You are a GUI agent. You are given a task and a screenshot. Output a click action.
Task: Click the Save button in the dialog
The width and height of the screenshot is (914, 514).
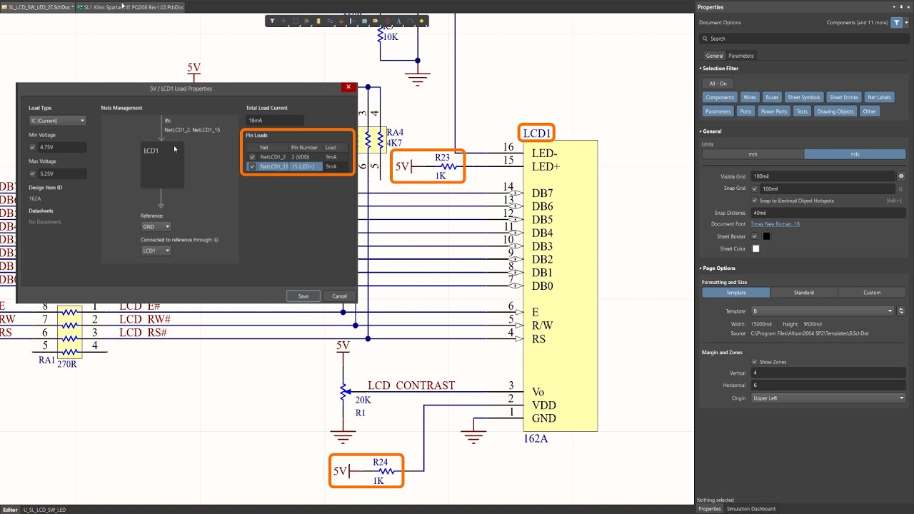303,296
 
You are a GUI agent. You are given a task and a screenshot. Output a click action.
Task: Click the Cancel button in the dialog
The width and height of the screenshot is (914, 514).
339,296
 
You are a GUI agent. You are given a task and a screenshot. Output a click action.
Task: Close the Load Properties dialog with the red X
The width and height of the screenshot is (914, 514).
348,87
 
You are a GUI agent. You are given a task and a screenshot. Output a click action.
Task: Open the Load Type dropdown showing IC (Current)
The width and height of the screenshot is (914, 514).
57,121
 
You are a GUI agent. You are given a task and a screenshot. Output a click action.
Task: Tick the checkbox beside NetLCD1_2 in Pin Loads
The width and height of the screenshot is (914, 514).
252,157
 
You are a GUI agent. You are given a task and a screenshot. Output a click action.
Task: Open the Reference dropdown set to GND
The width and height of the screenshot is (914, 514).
156,226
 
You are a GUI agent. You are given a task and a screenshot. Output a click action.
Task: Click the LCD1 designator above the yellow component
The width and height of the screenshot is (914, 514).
536,133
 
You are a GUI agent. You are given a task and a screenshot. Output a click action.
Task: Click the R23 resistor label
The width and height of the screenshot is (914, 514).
442,157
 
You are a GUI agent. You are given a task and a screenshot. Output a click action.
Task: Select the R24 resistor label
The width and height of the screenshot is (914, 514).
380,462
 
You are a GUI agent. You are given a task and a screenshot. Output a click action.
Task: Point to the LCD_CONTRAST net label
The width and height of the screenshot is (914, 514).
411,385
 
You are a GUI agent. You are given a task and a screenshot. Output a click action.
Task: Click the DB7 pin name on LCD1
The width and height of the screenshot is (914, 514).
542,193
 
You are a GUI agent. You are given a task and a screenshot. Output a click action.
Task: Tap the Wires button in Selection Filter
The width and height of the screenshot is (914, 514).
749,97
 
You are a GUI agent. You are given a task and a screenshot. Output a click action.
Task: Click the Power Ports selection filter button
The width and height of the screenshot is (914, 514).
773,111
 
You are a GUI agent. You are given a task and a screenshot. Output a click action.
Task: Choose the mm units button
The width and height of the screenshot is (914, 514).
753,154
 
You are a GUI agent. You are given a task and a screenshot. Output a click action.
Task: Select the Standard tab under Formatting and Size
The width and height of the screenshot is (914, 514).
803,292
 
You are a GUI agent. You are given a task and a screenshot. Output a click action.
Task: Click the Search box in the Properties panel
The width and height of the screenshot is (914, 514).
803,39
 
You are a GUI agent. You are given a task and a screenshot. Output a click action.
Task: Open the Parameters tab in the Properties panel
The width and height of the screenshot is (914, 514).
740,56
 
